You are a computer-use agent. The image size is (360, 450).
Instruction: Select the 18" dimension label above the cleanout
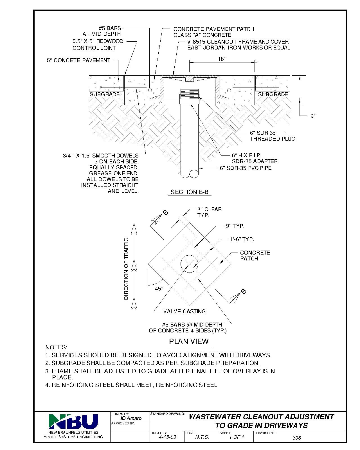[x=222, y=59]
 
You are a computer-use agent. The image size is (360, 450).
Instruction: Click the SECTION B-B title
[x=189, y=192]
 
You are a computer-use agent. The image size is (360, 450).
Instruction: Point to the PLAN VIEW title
[x=189, y=341]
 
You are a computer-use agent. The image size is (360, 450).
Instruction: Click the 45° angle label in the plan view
[x=159, y=288]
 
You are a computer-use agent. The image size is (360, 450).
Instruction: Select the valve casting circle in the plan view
[x=189, y=264]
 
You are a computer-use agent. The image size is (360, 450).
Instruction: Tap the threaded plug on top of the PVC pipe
[x=189, y=94]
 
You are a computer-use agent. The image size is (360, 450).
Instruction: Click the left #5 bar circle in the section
[x=150, y=90]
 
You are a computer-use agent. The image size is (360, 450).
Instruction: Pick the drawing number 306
[x=296, y=438]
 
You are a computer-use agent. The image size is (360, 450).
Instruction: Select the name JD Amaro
[x=130, y=418]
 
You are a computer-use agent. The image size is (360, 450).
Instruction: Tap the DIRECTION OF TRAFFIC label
[x=126, y=269]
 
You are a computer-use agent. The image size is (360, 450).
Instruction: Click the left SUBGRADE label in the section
[x=105, y=94]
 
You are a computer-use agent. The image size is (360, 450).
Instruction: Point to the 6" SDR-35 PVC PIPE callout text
[x=246, y=168]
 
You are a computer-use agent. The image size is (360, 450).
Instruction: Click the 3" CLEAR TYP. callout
[x=209, y=212]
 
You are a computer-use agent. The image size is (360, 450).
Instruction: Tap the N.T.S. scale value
[x=202, y=437]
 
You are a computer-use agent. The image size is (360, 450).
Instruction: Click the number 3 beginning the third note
[x=47, y=371]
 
